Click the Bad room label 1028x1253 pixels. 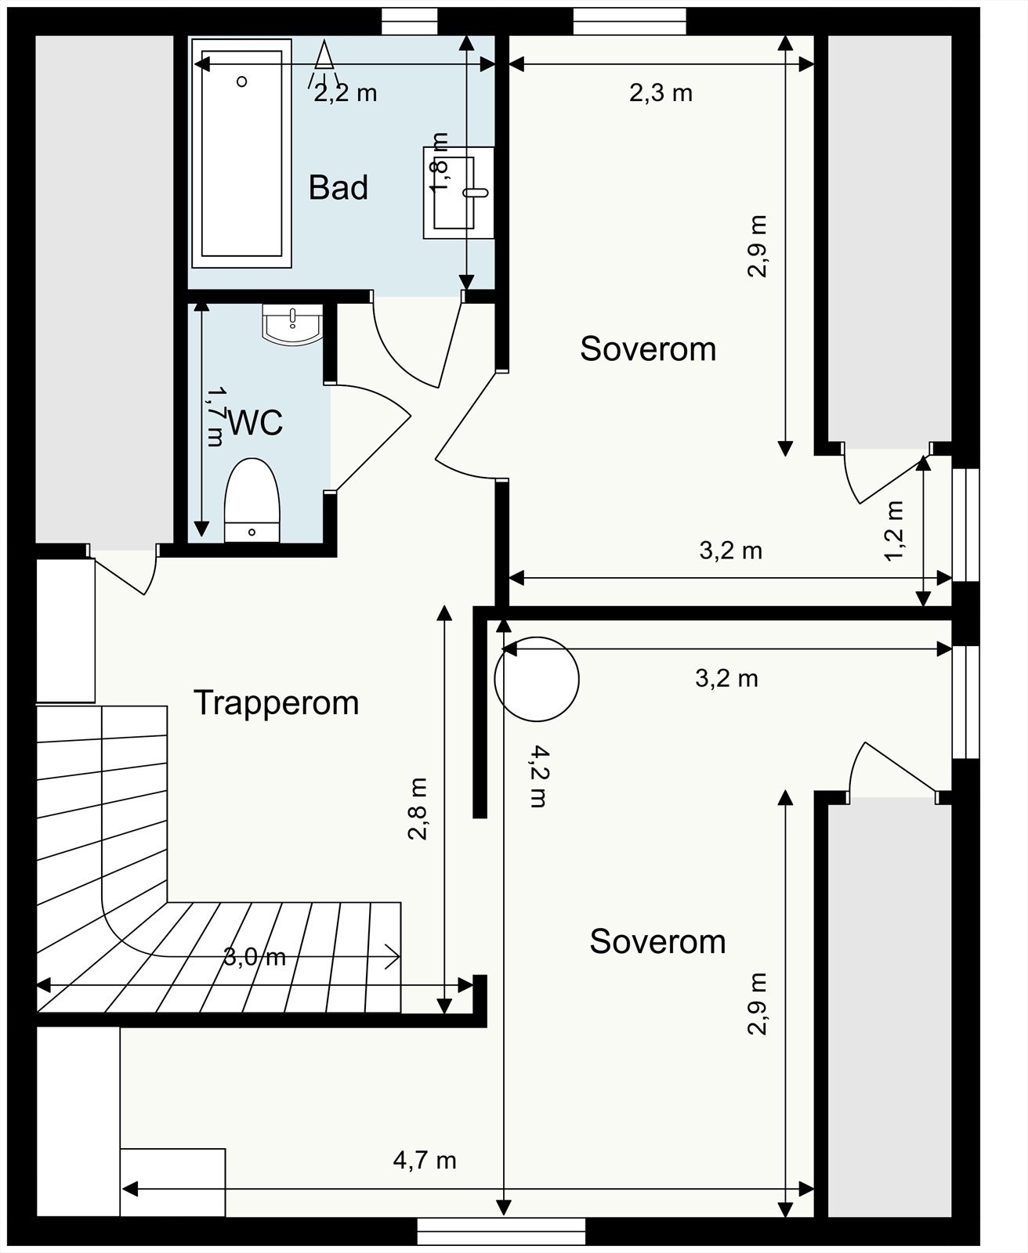[338, 188]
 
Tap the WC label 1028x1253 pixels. [255, 424]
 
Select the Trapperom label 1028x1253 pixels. [277, 703]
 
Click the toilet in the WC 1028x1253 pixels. [252, 500]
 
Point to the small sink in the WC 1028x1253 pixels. [292, 324]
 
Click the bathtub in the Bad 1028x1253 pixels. [241, 153]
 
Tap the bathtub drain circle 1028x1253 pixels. [241, 81]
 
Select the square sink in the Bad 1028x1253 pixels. [458, 193]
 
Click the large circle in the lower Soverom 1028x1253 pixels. [536, 679]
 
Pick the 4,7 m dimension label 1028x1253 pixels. [425, 1161]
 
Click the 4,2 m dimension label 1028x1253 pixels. [538, 775]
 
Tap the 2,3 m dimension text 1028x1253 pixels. [661, 93]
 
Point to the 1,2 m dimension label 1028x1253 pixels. [894, 530]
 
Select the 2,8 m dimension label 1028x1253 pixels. [418, 809]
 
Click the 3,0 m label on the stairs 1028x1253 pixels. [254, 957]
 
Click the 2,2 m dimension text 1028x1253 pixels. [346, 93]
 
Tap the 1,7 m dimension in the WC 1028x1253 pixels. [215, 417]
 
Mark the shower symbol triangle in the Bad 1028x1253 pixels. [324, 56]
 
